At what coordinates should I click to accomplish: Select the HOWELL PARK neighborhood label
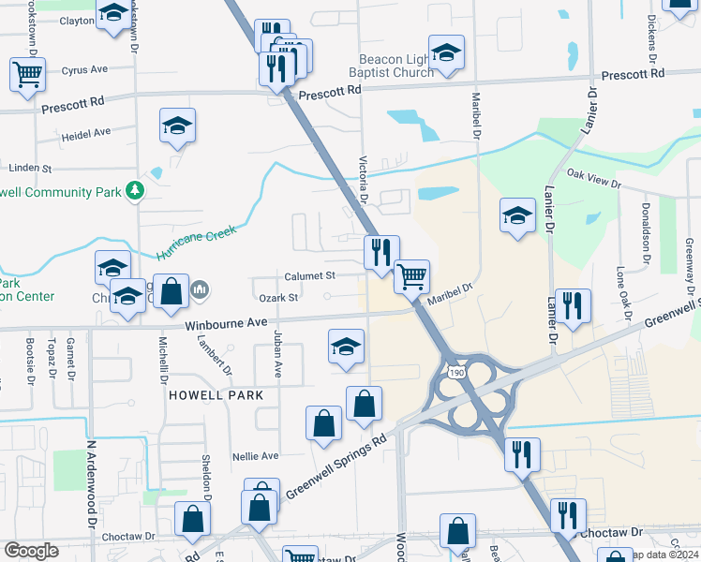(216, 395)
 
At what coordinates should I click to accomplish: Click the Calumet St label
(310, 276)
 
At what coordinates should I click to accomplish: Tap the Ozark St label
(279, 298)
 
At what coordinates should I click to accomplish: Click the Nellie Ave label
(256, 456)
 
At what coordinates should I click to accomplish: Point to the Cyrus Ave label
(84, 69)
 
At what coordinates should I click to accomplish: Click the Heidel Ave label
(86, 134)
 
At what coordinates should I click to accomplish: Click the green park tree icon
(136, 190)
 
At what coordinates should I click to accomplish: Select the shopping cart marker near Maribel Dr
(411, 276)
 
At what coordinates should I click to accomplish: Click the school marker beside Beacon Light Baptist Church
(447, 52)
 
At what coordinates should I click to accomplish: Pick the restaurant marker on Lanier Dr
(573, 305)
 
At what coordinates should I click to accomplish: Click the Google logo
(32, 551)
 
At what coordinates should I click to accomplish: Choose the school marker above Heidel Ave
(177, 126)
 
